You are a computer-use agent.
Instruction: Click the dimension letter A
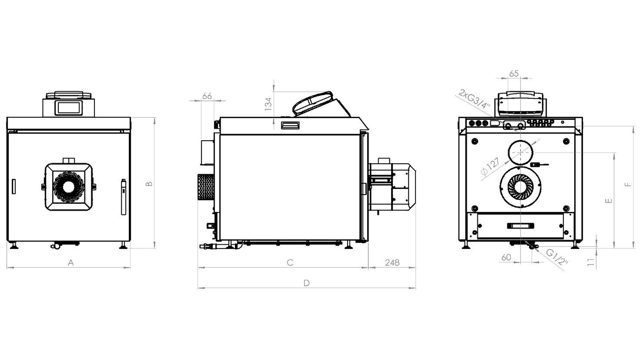tap(71, 263)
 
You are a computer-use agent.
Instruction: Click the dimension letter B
tap(149, 184)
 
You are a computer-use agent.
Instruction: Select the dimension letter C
tap(290, 263)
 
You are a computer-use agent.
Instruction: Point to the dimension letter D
tap(306, 283)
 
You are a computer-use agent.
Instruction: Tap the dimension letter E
tap(608, 201)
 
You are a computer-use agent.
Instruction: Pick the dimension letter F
tap(628, 184)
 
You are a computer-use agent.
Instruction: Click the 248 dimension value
tap(392, 263)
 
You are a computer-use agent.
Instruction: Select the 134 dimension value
tap(268, 104)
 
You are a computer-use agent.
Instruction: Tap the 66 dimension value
tap(207, 96)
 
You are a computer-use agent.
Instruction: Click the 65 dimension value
tap(514, 73)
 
